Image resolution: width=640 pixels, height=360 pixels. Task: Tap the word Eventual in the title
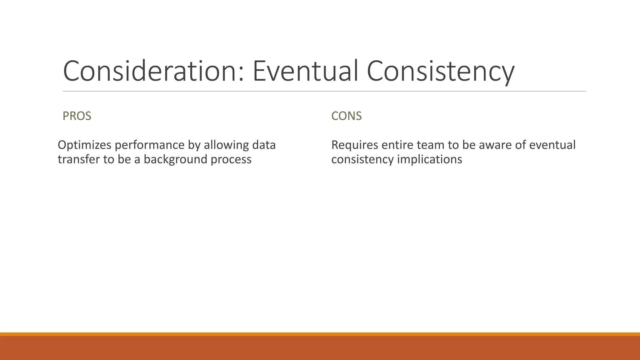pyautogui.click(x=305, y=71)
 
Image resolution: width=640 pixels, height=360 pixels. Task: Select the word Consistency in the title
pyautogui.click(x=440, y=72)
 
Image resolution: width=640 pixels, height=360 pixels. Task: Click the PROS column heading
pyautogui.click(x=77, y=116)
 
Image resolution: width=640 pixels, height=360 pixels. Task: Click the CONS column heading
pyautogui.click(x=346, y=116)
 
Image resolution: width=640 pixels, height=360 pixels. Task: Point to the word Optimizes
pyautogui.click(x=84, y=145)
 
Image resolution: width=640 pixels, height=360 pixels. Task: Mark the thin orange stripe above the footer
pyautogui.click(x=320, y=334)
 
